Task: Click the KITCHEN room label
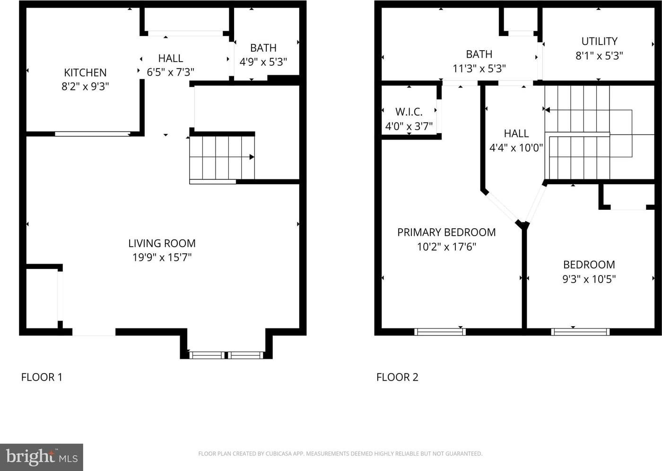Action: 85,72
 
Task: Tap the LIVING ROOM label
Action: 162,243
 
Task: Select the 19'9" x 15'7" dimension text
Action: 162,257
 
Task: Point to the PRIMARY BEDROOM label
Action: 446,232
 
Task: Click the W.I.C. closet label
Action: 409,112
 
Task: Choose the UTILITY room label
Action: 600,41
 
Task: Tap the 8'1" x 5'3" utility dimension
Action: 599,55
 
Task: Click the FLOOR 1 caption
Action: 42,377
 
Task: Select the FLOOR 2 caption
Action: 397,377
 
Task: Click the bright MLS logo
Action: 42,457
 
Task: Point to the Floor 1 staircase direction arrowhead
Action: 252,157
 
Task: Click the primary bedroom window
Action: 440,332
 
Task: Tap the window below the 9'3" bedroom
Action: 580,332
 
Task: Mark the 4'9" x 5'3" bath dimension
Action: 263,62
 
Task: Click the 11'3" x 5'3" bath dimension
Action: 479,69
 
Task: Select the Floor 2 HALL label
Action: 516,133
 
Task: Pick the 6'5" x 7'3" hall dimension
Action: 171,72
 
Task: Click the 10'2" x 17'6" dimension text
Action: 446,247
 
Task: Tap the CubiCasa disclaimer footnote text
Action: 340,453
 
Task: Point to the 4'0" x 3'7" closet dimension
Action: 409,126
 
